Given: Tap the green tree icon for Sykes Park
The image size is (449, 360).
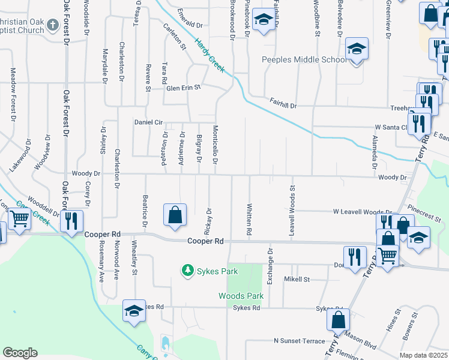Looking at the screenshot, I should click(x=187, y=271).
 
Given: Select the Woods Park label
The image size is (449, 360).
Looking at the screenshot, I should click(x=241, y=296).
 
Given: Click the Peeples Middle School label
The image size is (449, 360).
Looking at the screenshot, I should click(x=304, y=59).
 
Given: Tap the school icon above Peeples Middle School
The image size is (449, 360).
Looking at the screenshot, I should click(x=357, y=50).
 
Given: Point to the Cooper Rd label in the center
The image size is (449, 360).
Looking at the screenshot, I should click(x=205, y=241).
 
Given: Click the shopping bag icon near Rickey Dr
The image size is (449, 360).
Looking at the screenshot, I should click(x=175, y=215).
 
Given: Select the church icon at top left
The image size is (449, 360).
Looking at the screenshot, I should click(x=53, y=25).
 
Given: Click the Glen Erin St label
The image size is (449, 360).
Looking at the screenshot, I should click(x=182, y=88).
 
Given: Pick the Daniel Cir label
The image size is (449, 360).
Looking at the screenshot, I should click(x=148, y=122).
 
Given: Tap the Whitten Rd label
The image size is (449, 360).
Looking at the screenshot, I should click(x=249, y=219).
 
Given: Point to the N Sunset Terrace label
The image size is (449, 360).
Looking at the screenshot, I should click(x=299, y=341).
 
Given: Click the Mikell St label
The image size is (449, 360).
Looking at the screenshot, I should click(x=297, y=279).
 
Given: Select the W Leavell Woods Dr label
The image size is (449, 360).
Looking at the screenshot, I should click(x=362, y=212).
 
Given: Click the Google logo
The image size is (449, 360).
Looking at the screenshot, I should click(x=20, y=353).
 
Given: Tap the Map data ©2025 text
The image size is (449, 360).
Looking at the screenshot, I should click(x=423, y=355).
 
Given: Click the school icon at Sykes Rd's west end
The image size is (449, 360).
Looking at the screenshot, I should click(x=134, y=310).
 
